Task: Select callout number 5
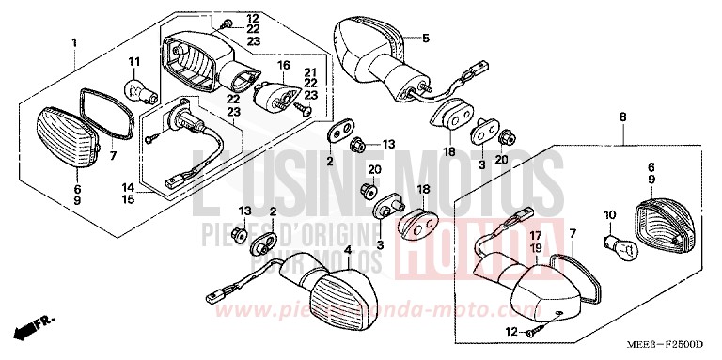[x=425, y=38]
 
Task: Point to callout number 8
[x=622, y=117]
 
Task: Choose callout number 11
[x=134, y=63]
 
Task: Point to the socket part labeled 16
[x=275, y=95]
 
